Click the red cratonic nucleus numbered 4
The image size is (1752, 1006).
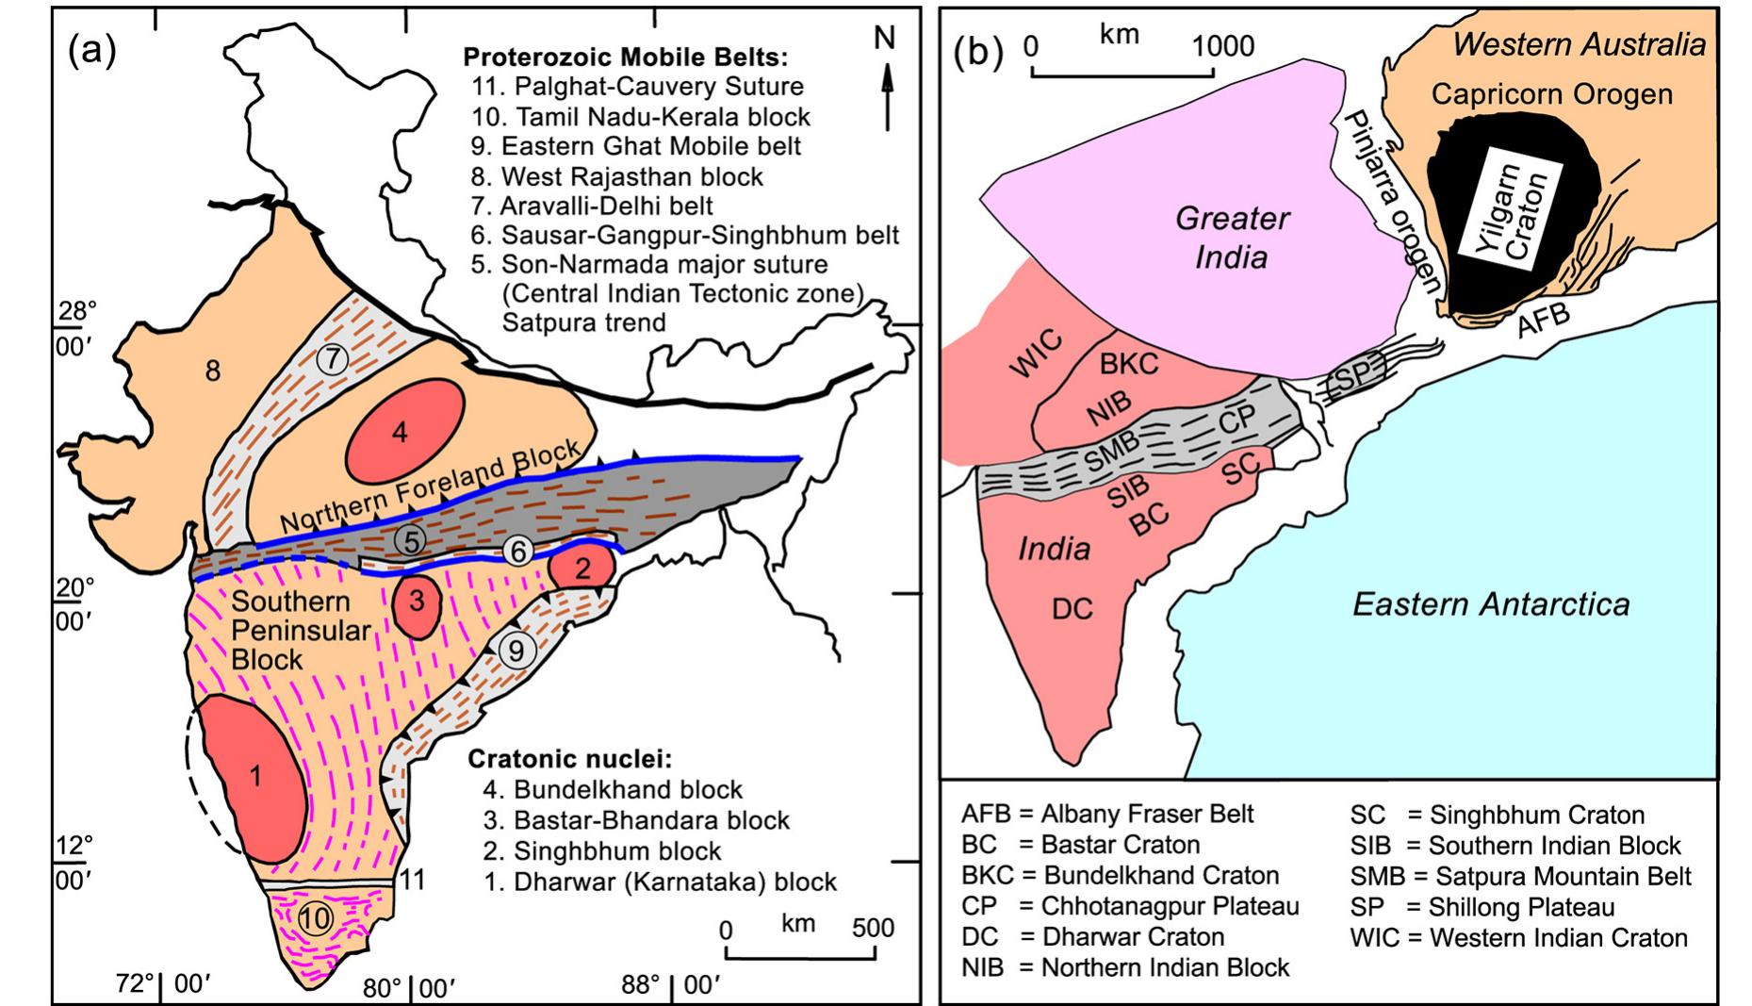pos(404,431)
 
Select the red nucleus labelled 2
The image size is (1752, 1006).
pos(582,568)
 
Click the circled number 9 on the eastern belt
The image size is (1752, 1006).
pos(516,650)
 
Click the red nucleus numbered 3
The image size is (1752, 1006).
pos(417,601)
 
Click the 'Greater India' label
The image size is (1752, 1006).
pos(1231,238)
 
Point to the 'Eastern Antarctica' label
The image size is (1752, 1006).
pos(1491,603)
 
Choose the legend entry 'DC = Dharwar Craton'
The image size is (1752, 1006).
pos(1093,937)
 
